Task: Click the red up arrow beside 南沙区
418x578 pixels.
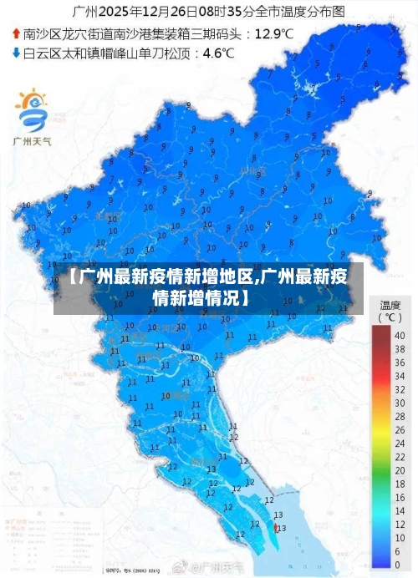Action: coord(16,34)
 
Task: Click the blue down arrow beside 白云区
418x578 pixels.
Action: coord(16,53)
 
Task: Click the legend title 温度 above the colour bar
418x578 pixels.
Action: coord(390,305)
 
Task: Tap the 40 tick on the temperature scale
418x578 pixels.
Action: coord(399,335)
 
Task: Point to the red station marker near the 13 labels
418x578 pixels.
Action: coord(276,528)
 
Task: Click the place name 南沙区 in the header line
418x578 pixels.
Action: coord(40,34)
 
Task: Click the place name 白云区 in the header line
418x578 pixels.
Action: coord(40,53)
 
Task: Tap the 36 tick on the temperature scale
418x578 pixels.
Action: coord(399,357)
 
